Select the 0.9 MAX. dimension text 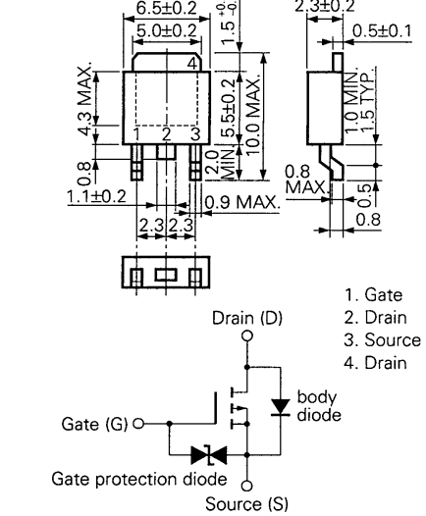pyautogui.click(x=243, y=204)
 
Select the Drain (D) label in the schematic pyautogui.click(x=246, y=320)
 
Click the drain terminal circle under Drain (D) pyautogui.click(x=246, y=336)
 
